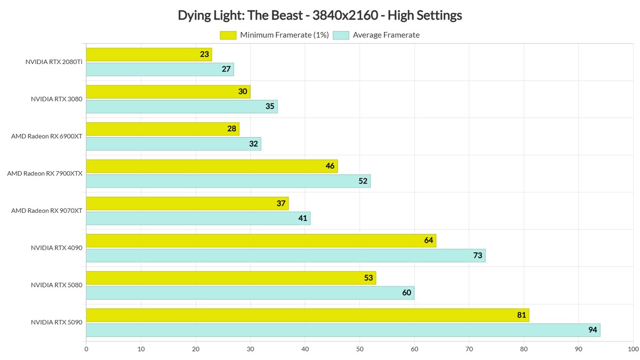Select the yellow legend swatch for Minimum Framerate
point(228,35)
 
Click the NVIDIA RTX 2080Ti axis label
point(54,62)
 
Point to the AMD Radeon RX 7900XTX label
point(45,173)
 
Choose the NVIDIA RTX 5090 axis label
point(57,322)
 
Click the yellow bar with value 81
point(307,315)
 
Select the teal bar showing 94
point(342,330)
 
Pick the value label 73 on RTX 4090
point(477,255)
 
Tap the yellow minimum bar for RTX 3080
point(168,92)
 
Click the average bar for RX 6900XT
point(173,144)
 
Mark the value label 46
point(330,166)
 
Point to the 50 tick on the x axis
point(359,350)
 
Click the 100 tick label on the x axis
point(633,350)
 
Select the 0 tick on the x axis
point(86,350)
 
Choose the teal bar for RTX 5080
point(250,293)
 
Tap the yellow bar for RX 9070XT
point(187,203)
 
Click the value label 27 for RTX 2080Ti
point(226,69)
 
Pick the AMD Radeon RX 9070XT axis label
point(47,211)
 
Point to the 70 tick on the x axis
point(469,350)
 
